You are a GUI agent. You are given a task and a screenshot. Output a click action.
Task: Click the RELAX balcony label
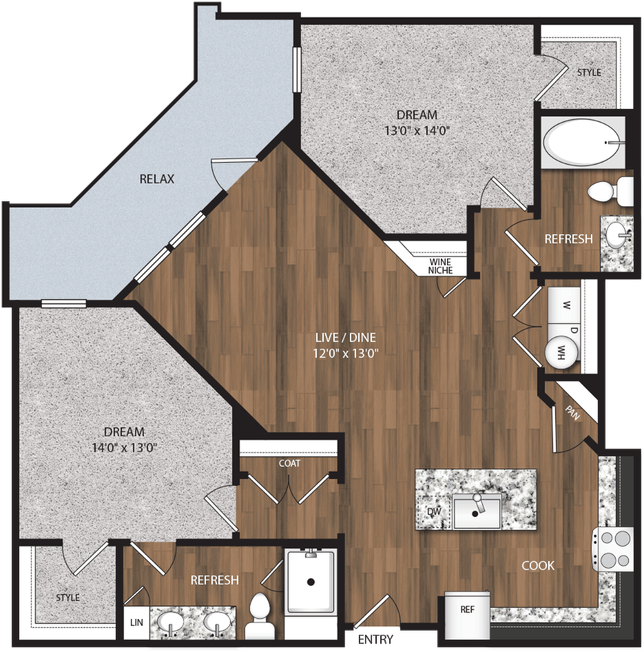pos(156,179)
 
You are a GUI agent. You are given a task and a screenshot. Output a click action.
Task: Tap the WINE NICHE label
pos(440,266)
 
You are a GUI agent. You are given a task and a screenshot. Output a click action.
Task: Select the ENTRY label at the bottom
pos(375,639)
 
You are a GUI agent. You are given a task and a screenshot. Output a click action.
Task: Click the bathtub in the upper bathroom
pos(582,142)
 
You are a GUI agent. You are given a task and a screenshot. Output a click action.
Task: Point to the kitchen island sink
pos(476,511)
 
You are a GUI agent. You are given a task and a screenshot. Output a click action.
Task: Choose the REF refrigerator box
pos(467,615)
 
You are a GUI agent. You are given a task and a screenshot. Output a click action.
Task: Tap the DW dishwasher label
pos(434,511)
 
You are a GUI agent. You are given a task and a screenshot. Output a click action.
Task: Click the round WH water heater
pos(561,352)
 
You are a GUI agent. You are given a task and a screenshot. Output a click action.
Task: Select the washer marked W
pos(564,305)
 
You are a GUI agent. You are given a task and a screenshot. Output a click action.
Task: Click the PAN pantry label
pos(572,413)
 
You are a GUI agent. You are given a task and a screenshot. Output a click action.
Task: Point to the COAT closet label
pos(289,463)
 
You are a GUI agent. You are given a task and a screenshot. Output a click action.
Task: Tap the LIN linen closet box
pos(136,622)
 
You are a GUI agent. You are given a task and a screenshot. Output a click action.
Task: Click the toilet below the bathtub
pos(610,191)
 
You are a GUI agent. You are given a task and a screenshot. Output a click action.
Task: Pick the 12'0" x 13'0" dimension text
pos(346,354)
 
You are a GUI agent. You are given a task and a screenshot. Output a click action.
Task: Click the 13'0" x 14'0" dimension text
pos(417,131)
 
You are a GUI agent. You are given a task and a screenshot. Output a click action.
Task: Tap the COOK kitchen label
pos(538,566)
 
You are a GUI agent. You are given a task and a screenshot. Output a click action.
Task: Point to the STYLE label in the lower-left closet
pos(67,598)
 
